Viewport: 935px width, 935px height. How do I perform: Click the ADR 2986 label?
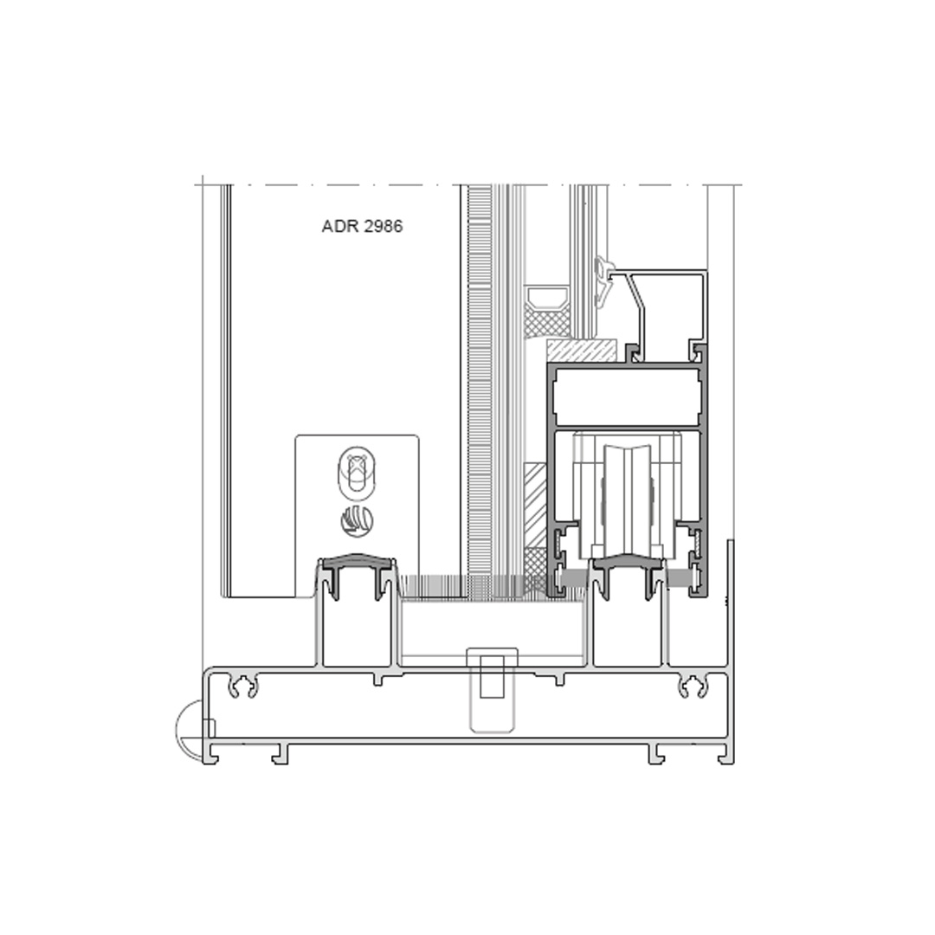click(x=362, y=227)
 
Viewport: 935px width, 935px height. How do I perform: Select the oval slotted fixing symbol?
click(x=357, y=473)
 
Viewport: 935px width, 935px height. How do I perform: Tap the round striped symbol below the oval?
click(x=357, y=520)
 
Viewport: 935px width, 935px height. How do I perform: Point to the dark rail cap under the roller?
click(x=627, y=563)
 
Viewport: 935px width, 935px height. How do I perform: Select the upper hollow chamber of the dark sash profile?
click(x=627, y=396)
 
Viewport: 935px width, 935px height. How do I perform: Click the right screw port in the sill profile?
click(x=693, y=687)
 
